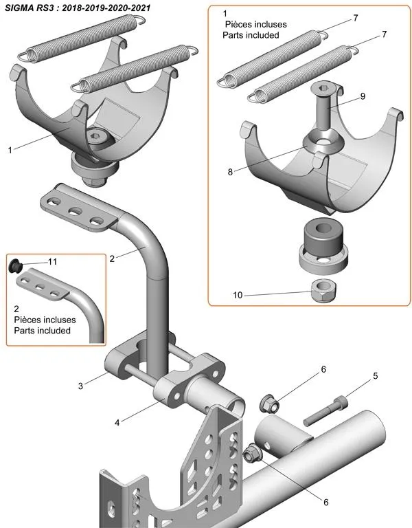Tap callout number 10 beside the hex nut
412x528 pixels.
pos(238,296)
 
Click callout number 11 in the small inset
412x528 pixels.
pos(53,261)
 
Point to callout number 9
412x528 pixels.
pos(363,96)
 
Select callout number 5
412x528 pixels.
pos(376,376)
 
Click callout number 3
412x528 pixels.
pos(80,386)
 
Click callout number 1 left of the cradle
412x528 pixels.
pos(10,149)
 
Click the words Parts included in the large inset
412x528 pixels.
pos(251,34)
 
